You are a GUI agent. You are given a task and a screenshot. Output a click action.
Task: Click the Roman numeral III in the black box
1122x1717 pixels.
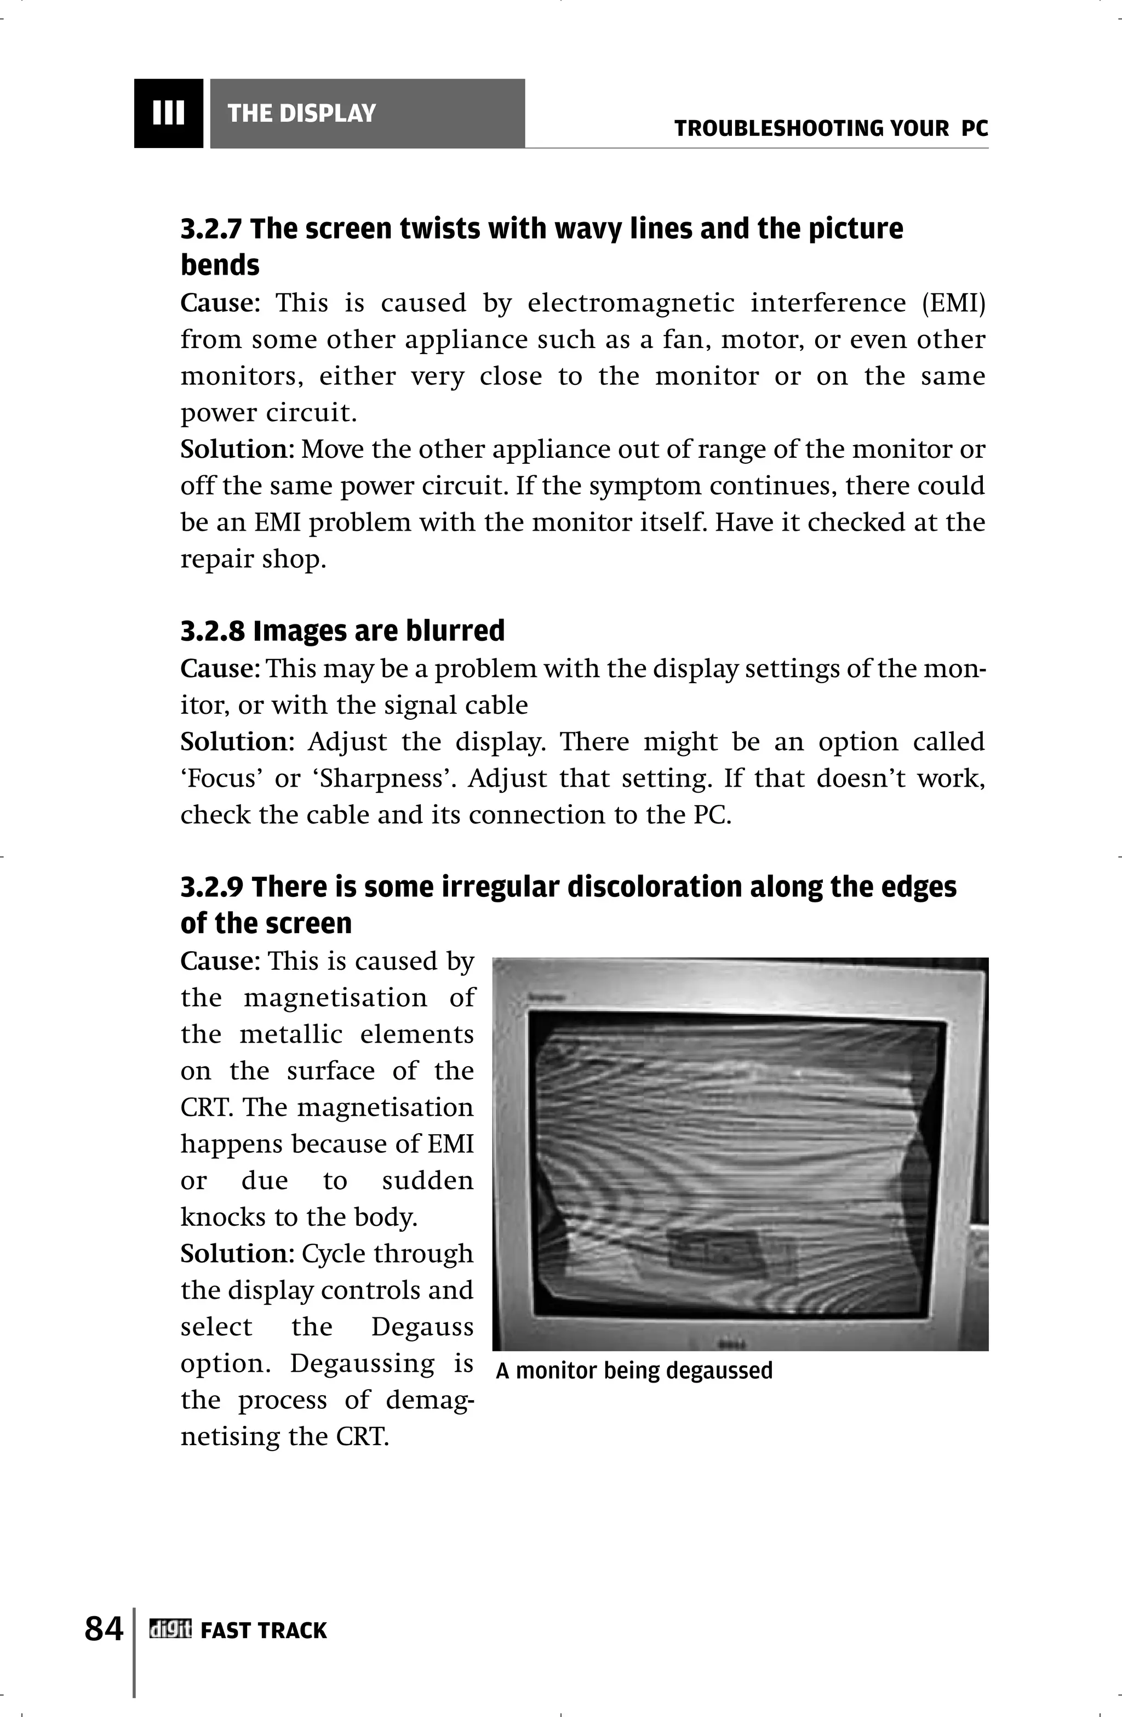pyautogui.click(x=168, y=113)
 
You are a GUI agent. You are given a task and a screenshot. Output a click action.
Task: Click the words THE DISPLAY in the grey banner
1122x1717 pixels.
pyautogui.click(x=301, y=113)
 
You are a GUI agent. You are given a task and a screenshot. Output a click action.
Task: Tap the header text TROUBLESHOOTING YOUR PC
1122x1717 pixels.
pyautogui.click(x=831, y=129)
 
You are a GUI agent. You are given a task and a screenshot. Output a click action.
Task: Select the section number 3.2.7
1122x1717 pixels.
pyautogui.click(x=211, y=229)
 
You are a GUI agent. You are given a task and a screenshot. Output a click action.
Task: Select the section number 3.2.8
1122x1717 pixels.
pyautogui.click(x=211, y=631)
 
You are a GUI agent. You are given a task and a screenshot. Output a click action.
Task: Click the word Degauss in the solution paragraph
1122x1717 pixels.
pyautogui.click(x=422, y=1327)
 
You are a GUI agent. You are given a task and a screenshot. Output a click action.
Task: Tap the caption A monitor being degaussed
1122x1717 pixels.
pyautogui.click(x=634, y=1370)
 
